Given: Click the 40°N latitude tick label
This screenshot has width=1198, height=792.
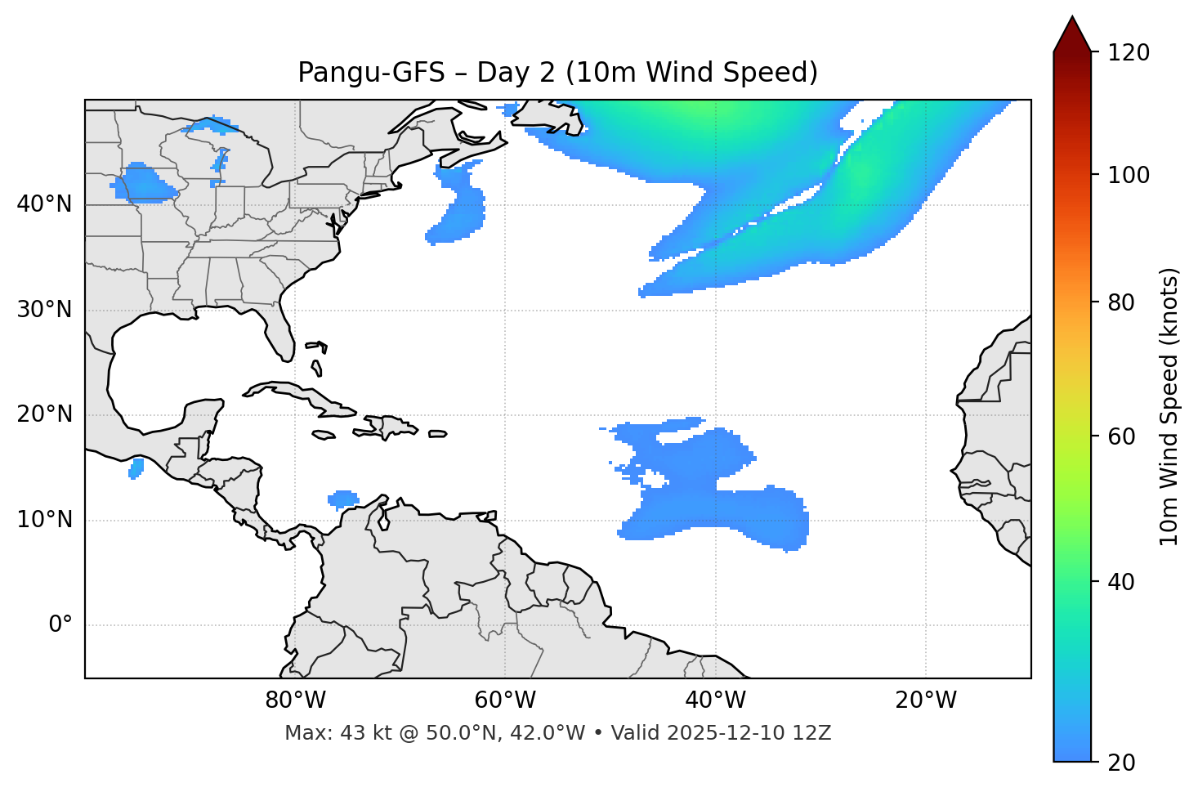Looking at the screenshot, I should [x=44, y=204].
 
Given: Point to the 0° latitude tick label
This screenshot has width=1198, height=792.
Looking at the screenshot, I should [x=60, y=625].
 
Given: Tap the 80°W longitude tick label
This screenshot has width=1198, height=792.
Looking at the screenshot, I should [x=295, y=700].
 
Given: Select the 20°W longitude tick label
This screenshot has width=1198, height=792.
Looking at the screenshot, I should [x=926, y=700].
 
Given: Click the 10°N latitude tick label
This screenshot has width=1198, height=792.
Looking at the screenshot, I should [x=44, y=520].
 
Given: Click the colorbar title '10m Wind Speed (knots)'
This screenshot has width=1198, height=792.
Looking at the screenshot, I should [x=1169, y=407].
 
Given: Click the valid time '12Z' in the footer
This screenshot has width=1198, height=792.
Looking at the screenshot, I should [x=813, y=733].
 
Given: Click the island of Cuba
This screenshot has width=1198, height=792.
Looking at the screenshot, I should [x=294, y=395].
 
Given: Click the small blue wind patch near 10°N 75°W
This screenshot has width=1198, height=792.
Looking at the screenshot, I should [x=342, y=499].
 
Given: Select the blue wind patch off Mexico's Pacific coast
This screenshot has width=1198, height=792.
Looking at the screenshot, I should [x=136, y=468].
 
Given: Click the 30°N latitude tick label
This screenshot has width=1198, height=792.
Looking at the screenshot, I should [x=44, y=310].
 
